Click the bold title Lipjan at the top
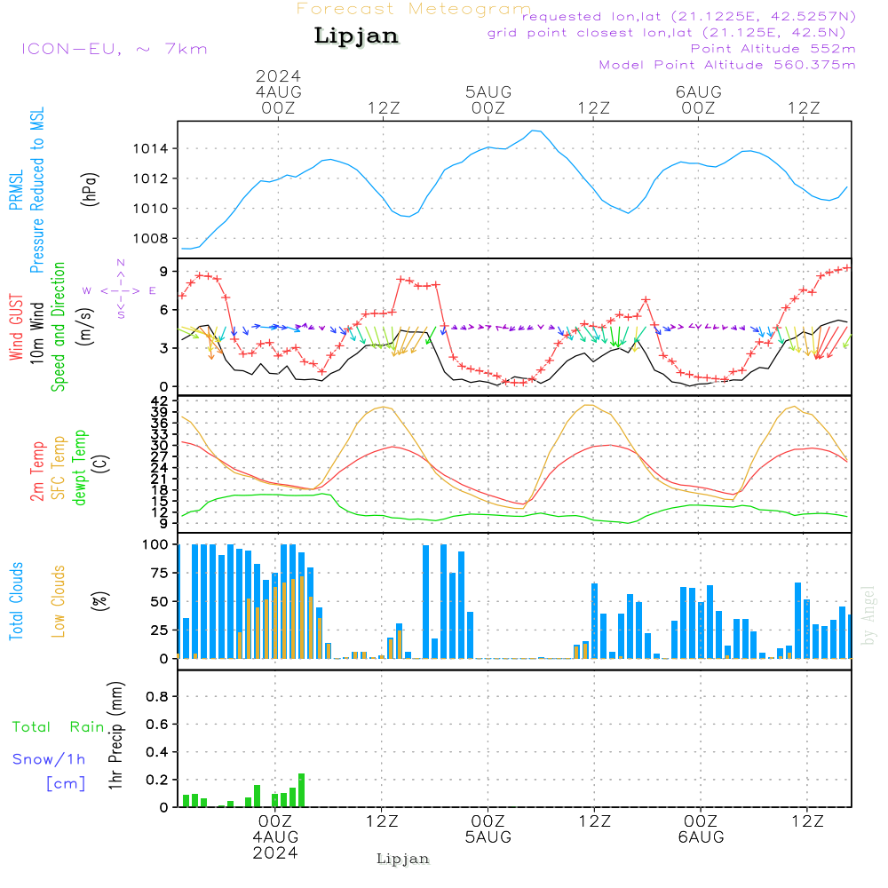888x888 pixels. [356, 36]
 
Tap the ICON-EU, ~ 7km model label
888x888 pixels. [114, 48]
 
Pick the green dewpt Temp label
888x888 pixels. [80, 468]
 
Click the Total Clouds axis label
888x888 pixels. [16, 600]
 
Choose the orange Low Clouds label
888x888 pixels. [59, 600]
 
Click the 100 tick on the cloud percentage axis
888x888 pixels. [155, 544]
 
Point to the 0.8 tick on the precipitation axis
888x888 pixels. [157, 697]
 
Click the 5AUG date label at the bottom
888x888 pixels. [488, 837]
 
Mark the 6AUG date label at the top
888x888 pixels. [698, 92]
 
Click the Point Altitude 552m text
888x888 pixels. [773, 48]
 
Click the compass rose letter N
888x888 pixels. [121, 263]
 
